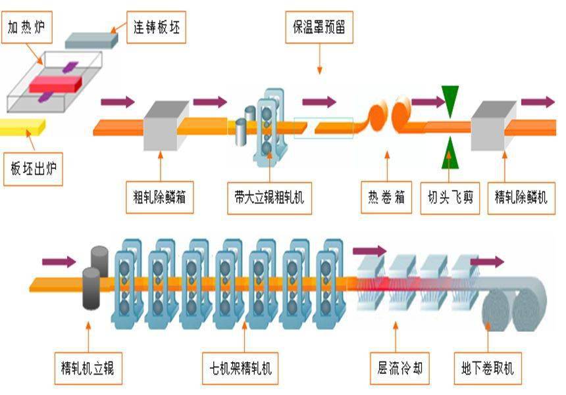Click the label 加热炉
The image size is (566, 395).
[x=29, y=28]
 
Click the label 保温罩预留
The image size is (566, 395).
[x=319, y=28]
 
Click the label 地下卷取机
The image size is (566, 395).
[x=488, y=369]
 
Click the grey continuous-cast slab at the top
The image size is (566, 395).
[x=91, y=39]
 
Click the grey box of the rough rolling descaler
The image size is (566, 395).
[x=162, y=125]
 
